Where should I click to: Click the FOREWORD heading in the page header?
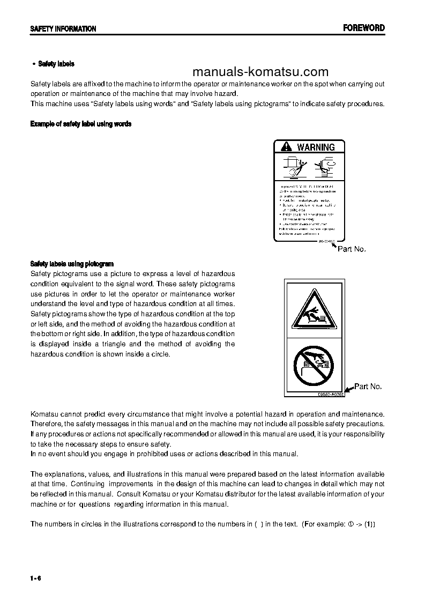tap(363, 28)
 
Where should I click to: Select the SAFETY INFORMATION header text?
tap(63, 29)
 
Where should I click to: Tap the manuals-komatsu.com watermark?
tap(260, 72)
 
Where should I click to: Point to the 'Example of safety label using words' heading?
tap(81, 124)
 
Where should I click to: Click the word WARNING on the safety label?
tap(316, 147)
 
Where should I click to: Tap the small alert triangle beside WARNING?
tap(286, 147)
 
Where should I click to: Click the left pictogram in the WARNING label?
tap(292, 167)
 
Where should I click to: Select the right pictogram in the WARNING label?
tap(325, 166)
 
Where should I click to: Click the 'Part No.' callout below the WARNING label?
tap(352, 249)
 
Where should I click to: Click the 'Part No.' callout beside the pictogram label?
tap(368, 386)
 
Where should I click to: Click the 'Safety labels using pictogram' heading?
tap(72, 264)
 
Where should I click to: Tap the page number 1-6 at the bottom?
tap(36, 577)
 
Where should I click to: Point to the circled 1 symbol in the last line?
tap(351, 524)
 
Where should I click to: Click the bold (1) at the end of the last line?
tap(370, 524)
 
